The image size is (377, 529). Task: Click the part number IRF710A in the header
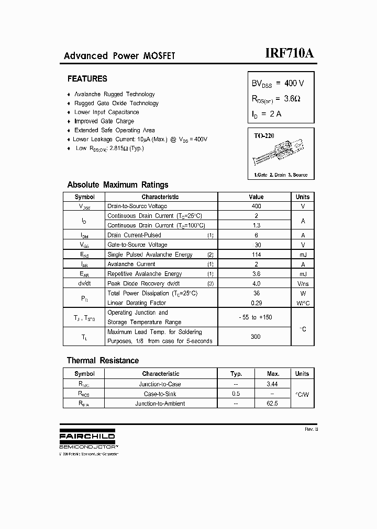point(289,54)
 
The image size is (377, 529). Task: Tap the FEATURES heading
point(87,79)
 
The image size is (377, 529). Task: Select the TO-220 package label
point(264,136)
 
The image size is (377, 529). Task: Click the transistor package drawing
point(281,152)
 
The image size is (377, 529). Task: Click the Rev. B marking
point(311,429)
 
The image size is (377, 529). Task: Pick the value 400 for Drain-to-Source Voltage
point(256,206)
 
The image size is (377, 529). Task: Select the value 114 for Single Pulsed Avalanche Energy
point(256,255)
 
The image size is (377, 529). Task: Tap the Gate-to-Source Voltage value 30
point(256,245)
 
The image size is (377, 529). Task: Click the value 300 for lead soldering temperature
point(256,337)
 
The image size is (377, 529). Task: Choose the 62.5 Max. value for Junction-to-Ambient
point(272,404)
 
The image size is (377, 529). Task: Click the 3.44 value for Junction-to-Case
point(272,384)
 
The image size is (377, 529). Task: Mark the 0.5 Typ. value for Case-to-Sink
point(236,394)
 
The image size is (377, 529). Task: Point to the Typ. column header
point(236,374)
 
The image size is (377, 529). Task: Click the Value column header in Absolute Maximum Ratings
point(256,197)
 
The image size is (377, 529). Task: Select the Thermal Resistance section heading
point(103,361)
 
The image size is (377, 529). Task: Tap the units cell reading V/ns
point(303,283)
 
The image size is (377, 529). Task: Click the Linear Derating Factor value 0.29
point(256,303)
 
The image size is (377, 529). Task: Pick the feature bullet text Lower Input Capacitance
point(107,112)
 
